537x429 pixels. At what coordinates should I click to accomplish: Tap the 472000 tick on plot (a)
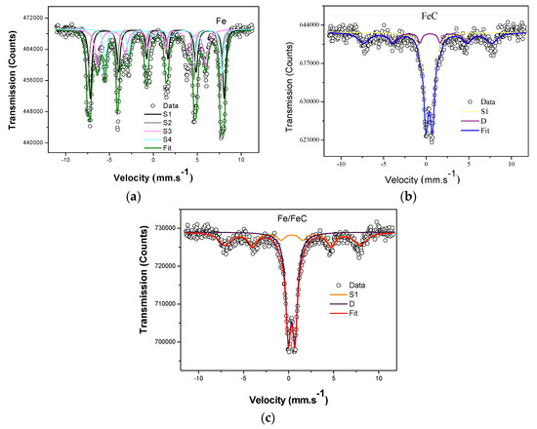(35, 19)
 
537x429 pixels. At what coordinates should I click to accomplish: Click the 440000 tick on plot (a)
(35, 143)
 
